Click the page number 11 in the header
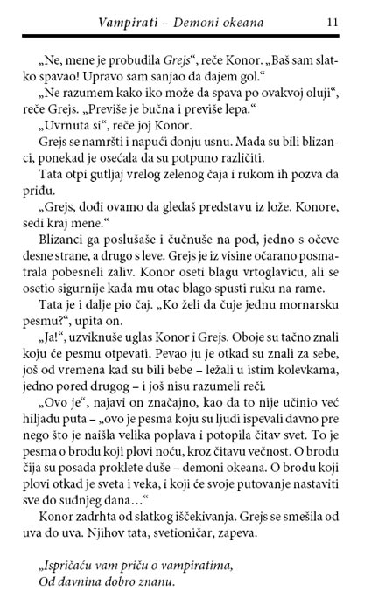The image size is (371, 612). [x=331, y=20]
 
